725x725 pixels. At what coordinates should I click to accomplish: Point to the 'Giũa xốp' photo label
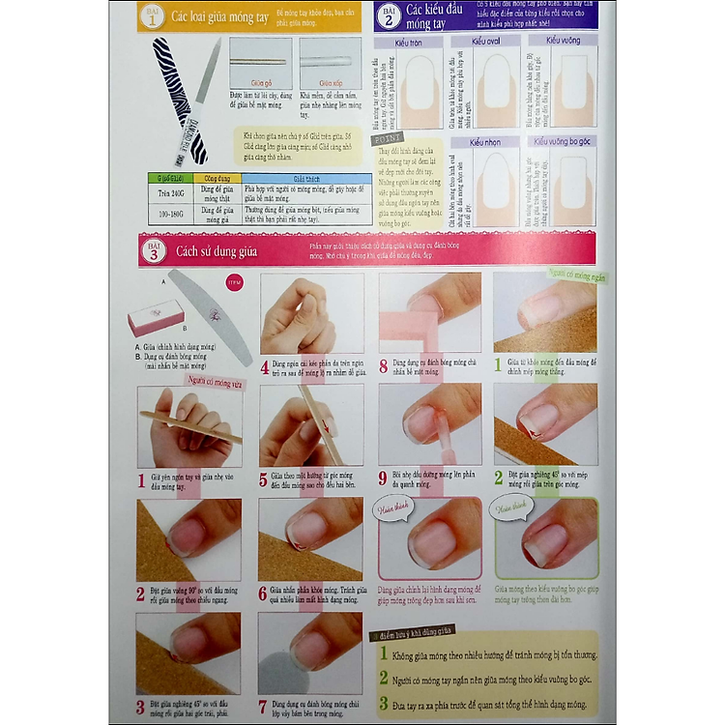pyautogui.click(x=331, y=84)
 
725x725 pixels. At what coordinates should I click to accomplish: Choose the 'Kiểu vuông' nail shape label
pyautogui.click(x=564, y=41)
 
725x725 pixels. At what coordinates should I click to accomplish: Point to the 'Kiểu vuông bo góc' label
pyautogui.click(x=564, y=142)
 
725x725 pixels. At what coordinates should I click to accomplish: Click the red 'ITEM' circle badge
pyautogui.click(x=233, y=282)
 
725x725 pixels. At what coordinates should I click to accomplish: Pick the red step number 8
pyautogui.click(x=384, y=366)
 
